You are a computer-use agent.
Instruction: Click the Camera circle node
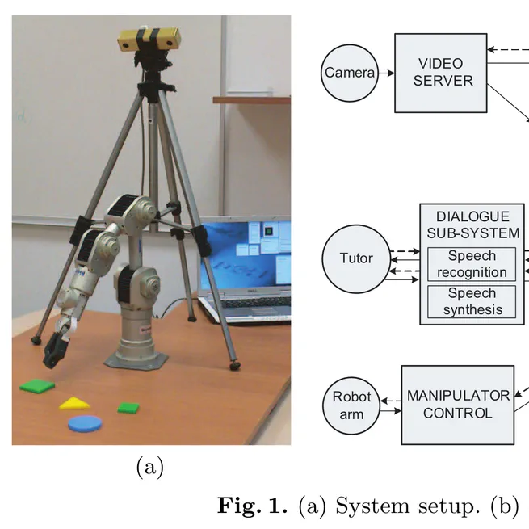350,73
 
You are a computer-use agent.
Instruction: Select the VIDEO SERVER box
440,73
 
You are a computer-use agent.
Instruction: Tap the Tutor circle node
356,258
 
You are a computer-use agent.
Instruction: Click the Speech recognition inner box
472,264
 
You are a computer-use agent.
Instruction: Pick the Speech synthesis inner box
472,301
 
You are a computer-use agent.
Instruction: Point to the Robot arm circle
352,405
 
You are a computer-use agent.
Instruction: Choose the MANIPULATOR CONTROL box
457,405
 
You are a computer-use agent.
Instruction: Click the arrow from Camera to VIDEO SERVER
386,73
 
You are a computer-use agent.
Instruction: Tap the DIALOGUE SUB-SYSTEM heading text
472,225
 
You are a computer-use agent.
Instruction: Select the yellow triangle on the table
74,403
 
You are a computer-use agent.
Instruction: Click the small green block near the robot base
128,408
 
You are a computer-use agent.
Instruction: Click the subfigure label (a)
150,467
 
